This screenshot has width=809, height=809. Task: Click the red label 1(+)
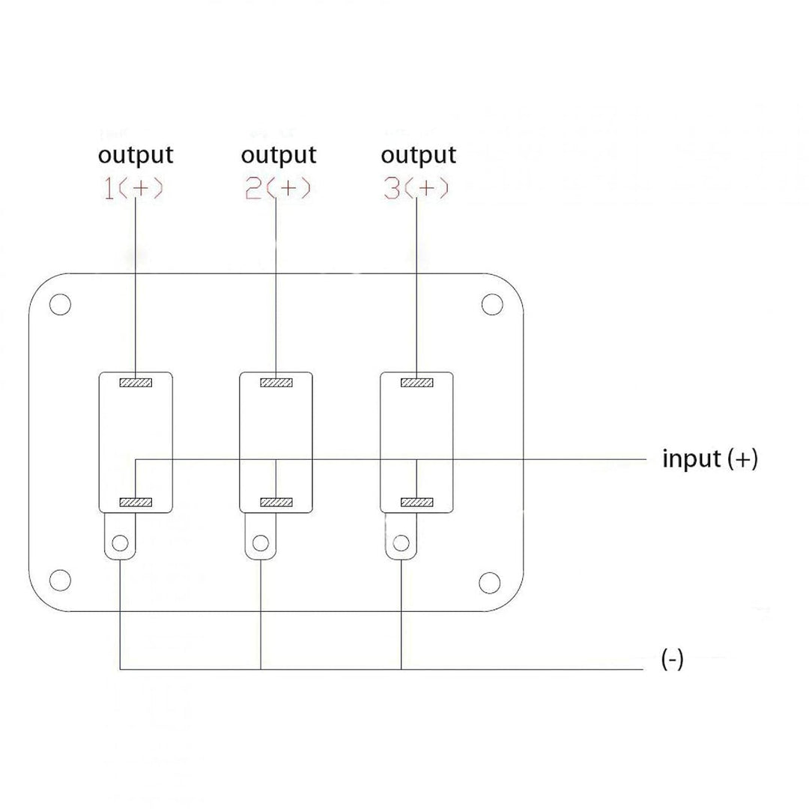(x=133, y=189)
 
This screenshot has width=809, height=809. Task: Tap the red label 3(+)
(x=416, y=189)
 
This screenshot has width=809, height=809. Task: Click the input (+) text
(x=709, y=458)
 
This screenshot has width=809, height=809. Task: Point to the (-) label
(x=672, y=660)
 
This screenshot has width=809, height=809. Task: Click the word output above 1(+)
(x=136, y=155)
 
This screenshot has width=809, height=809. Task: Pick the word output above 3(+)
(x=418, y=155)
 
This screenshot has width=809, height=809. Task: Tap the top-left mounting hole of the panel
(x=60, y=305)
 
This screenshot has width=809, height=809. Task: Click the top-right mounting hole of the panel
(x=491, y=304)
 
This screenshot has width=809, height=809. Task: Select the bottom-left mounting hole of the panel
(x=60, y=581)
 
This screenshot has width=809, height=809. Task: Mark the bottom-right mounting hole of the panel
(x=489, y=582)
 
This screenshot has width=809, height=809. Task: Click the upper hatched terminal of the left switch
(x=136, y=383)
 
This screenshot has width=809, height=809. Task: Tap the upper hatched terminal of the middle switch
(x=276, y=383)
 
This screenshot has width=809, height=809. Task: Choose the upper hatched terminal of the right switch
(x=417, y=383)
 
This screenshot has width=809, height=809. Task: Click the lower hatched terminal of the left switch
(x=136, y=502)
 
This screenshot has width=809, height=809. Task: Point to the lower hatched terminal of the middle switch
(x=276, y=502)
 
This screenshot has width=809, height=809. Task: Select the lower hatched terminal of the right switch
(x=417, y=502)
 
